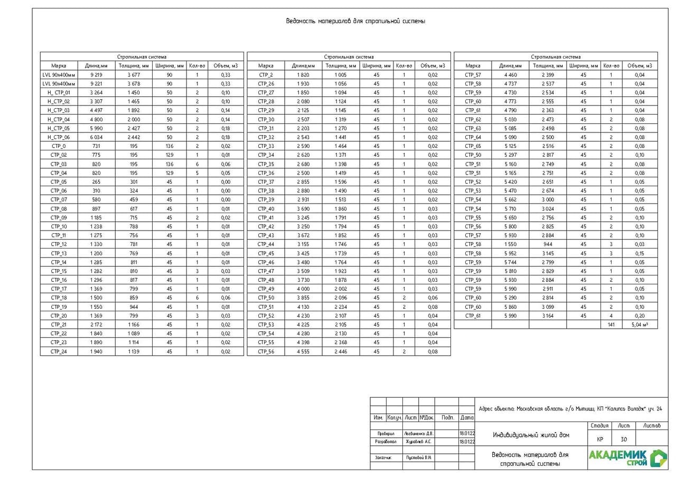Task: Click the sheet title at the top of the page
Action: click(x=355, y=22)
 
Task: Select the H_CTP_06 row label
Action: click(x=59, y=137)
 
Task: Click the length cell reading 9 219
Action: click(x=96, y=75)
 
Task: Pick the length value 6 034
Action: click(x=96, y=137)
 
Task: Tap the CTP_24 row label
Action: click(x=59, y=351)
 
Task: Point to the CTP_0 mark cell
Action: click(x=59, y=146)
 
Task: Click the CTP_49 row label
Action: click(x=266, y=289)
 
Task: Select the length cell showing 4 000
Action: click(x=303, y=289)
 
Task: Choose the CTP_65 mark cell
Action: click(x=473, y=146)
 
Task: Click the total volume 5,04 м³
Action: click(x=640, y=325)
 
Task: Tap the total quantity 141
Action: click(x=611, y=325)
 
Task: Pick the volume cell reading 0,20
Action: click(x=640, y=316)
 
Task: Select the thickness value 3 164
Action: click(x=548, y=316)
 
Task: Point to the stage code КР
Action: click(x=600, y=439)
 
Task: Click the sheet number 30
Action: click(x=624, y=439)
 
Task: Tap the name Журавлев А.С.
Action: click(x=418, y=442)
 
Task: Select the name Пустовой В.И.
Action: click(x=418, y=457)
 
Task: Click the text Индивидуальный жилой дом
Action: click(x=531, y=435)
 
